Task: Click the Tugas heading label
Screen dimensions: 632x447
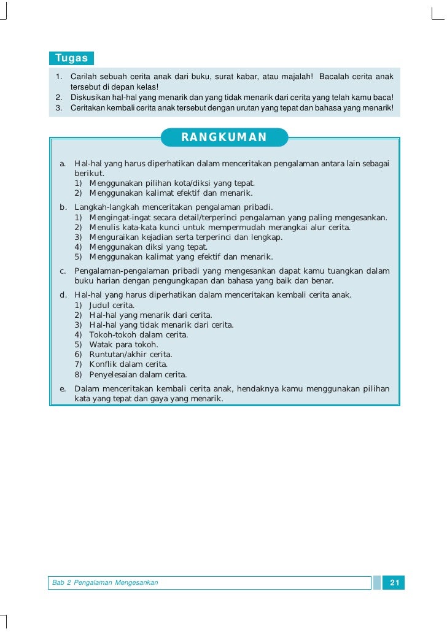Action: (x=71, y=58)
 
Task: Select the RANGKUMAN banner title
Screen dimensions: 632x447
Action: (x=224, y=137)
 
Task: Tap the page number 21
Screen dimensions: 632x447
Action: (x=394, y=582)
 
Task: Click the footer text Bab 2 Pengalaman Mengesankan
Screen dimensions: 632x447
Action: (x=105, y=582)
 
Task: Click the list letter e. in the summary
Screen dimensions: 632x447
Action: (x=63, y=389)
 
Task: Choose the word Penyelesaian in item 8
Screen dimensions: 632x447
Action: (x=114, y=374)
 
